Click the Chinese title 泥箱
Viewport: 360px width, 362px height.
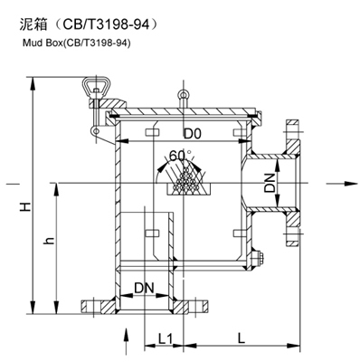[x=33, y=24]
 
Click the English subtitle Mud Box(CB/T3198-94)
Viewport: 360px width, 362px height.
[x=77, y=43]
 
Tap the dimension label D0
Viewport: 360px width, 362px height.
[x=193, y=134]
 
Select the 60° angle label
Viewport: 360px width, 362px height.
[x=180, y=155]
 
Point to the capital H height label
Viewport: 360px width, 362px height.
[x=25, y=206]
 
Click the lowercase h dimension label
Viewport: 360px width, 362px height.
[x=49, y=241]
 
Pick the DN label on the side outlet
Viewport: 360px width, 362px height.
[x=270, y=183]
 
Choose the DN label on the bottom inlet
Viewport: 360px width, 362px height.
[x=144, y=288]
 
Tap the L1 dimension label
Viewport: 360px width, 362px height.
[x=165, y=339]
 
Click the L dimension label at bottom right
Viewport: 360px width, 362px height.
[x=241, y=338]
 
